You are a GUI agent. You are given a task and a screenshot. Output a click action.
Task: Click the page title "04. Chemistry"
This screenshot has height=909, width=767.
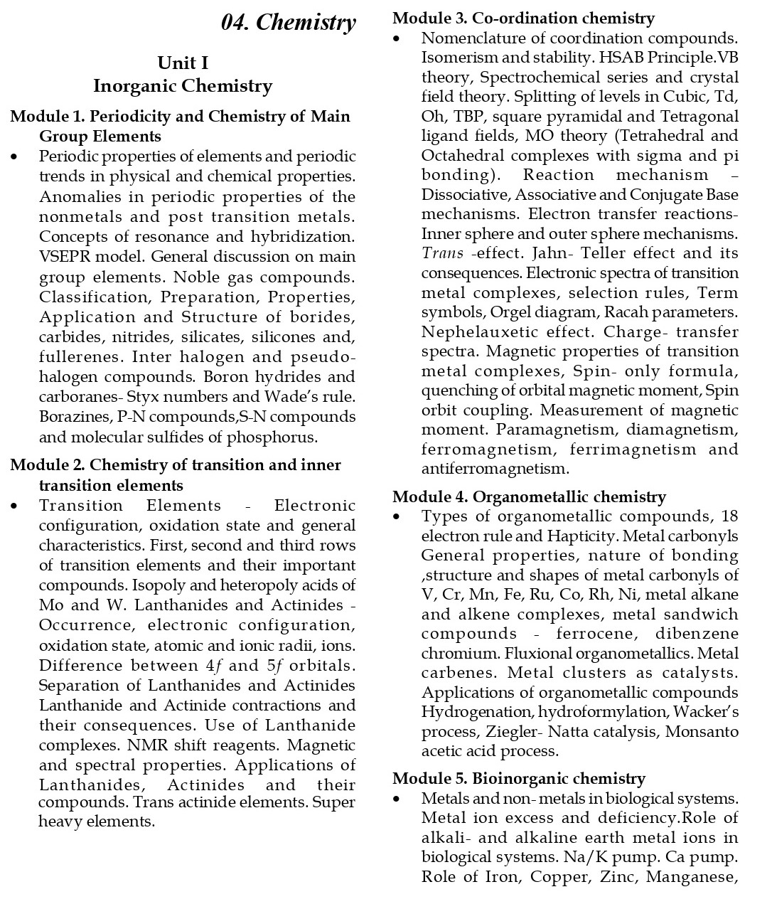coord(288,23)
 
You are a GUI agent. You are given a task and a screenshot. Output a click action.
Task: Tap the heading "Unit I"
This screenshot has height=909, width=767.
coord(183,63)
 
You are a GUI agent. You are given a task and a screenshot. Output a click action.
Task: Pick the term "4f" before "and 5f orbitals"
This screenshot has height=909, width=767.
coord(214,666)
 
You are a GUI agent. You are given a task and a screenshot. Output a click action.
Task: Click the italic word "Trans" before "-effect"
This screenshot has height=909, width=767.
coord(442,253)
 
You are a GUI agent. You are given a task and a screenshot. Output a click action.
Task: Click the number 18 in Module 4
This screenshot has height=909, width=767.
coord(729,516)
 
